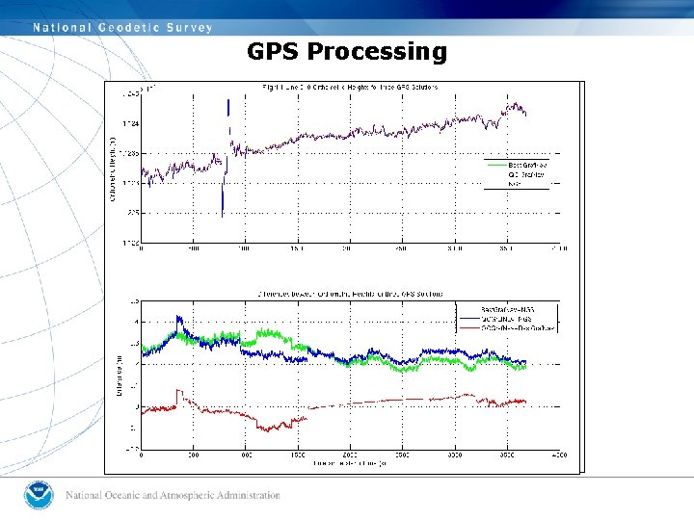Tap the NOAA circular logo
(x=40, y=495)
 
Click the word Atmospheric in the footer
(x=174, y=496)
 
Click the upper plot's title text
(x=350, y=87)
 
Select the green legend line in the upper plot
(x=495, y=165)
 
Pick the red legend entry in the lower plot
(x=507, y=329)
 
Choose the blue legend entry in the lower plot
(x=507, y=318)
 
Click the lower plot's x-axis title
(x=350, y=463)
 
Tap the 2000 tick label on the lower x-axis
(x=350, y=455)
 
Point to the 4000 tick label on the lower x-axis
(x=558, y=455)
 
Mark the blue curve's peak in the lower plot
(x=178, y=318)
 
